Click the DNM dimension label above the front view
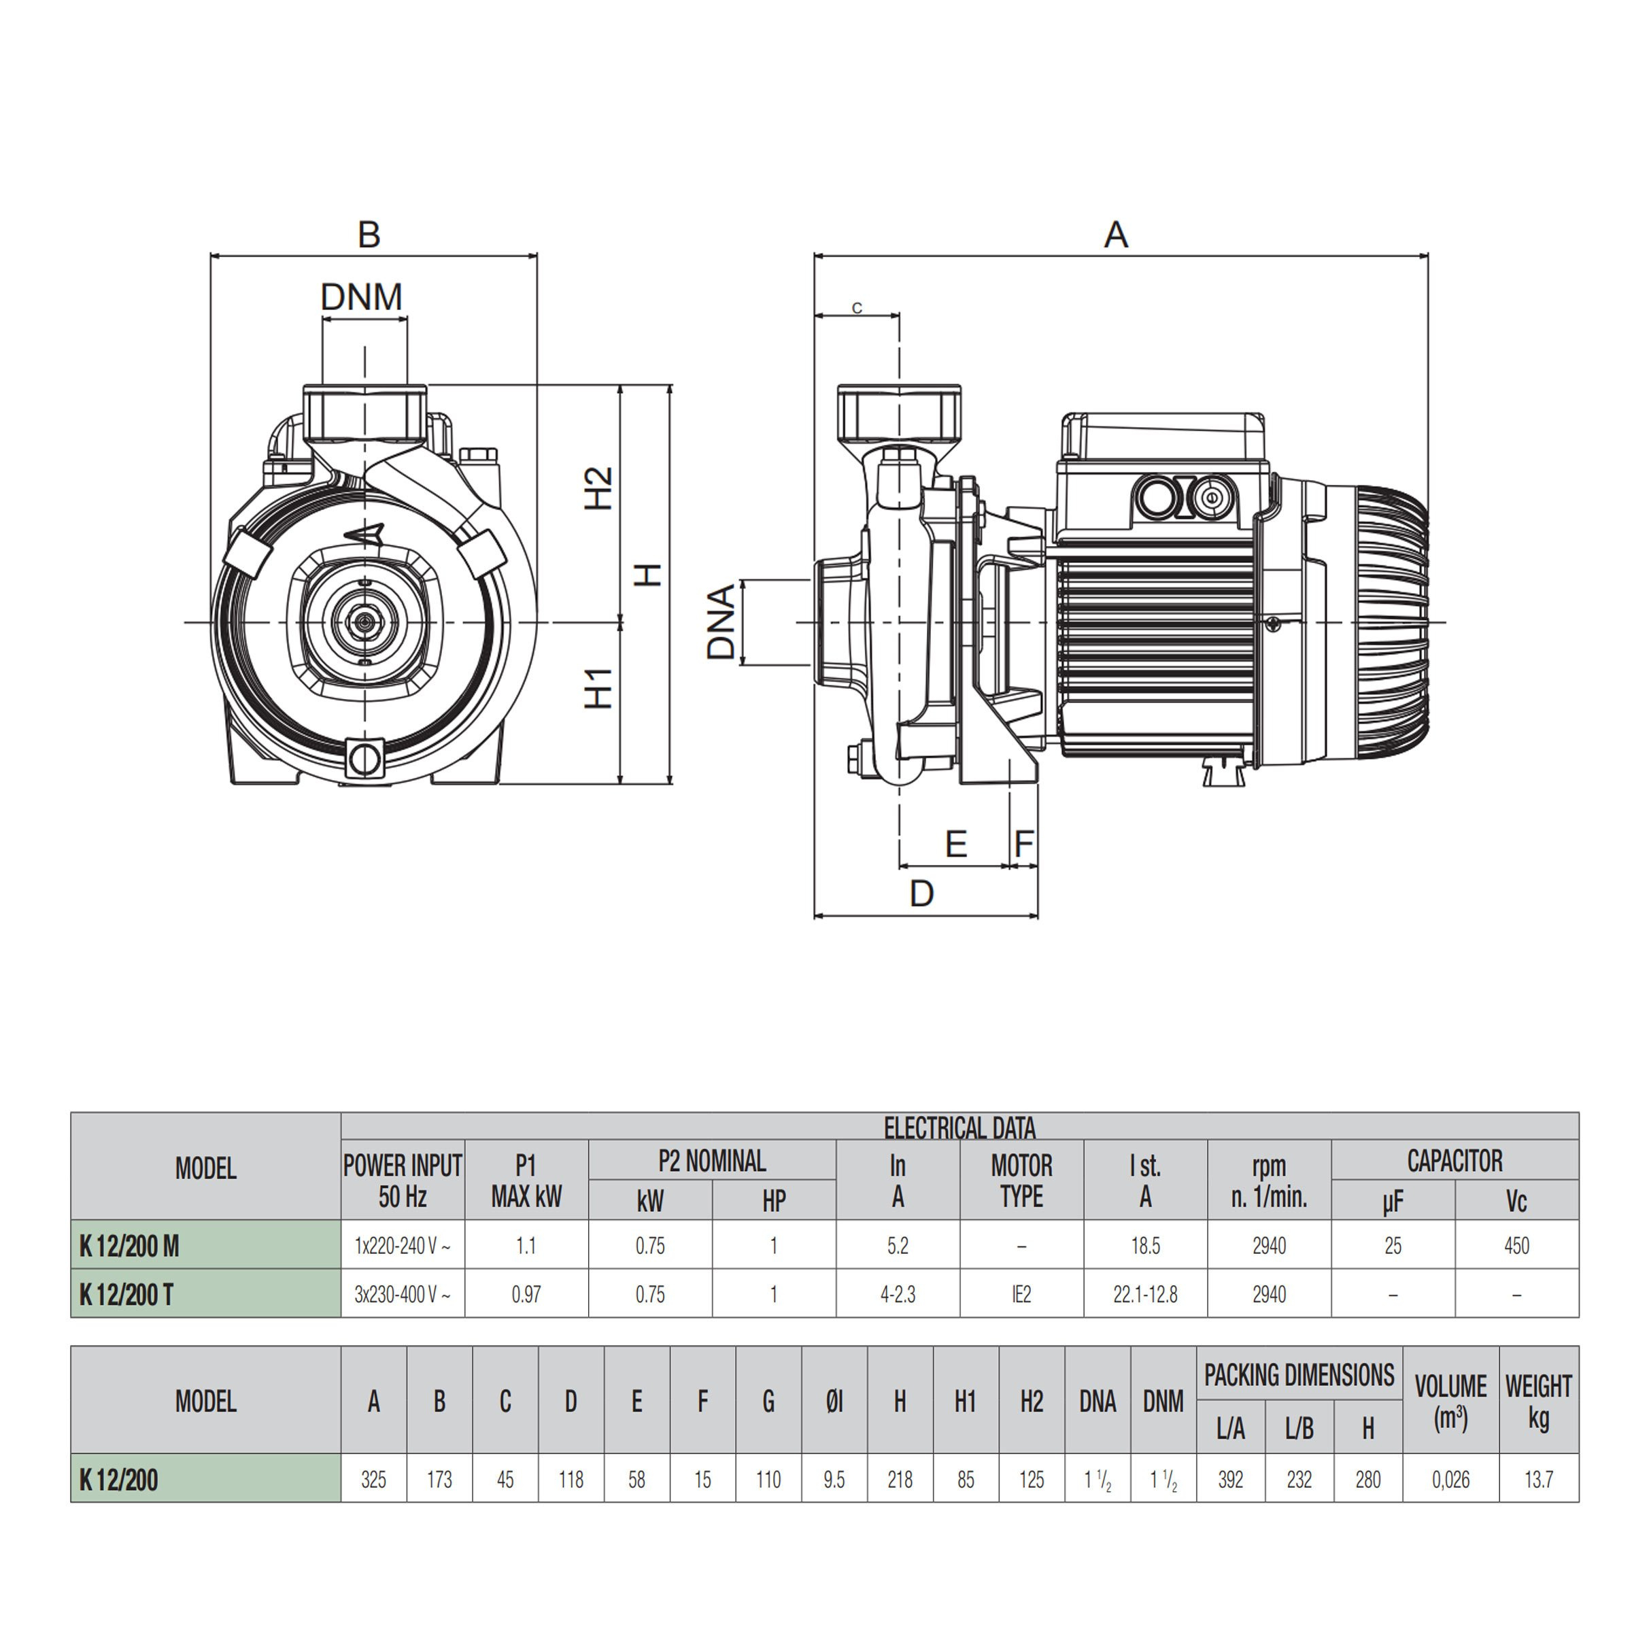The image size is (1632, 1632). (362, 297)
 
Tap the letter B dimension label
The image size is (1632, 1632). (369, 235)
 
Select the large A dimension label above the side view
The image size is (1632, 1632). (1116, 235)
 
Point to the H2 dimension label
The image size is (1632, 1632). (599, 488)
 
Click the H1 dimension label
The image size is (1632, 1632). (599, 688)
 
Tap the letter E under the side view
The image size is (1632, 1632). (955, 844)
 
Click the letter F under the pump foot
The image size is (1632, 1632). (1024, 844)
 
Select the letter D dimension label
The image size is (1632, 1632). (921, 893)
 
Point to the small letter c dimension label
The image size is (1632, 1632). (857, 307)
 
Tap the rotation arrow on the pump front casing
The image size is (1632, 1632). (365, 534)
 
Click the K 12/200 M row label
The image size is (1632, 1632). (129, 1246)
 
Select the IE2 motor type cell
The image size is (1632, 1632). (1021, 1294)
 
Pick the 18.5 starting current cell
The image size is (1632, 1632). (1145, 1246)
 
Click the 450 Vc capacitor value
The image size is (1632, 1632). (1516, 1246)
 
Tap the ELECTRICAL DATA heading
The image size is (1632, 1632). (959, 1127)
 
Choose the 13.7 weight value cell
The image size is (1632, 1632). (1538, 1479)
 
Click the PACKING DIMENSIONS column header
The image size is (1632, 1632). (1299, 1375)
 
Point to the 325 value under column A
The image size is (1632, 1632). (373, 1479)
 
